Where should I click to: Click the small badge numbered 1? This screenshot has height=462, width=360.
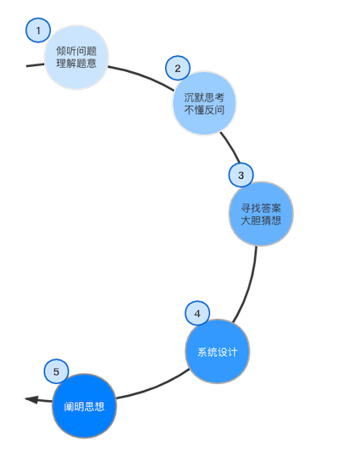coord(37,31)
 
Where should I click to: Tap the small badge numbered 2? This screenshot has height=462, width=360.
coord(177,68)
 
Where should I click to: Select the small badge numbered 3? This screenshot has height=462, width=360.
coord(241,175)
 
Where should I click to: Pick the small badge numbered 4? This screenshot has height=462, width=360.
coord(197,313)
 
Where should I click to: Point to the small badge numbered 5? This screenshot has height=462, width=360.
coord(56,371)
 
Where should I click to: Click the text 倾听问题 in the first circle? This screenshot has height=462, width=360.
coord(76,51)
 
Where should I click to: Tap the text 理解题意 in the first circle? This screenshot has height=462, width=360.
coord(76,64)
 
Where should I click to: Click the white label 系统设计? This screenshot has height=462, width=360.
coord(218,352)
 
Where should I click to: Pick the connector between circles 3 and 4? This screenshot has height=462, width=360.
coord(249,285)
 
